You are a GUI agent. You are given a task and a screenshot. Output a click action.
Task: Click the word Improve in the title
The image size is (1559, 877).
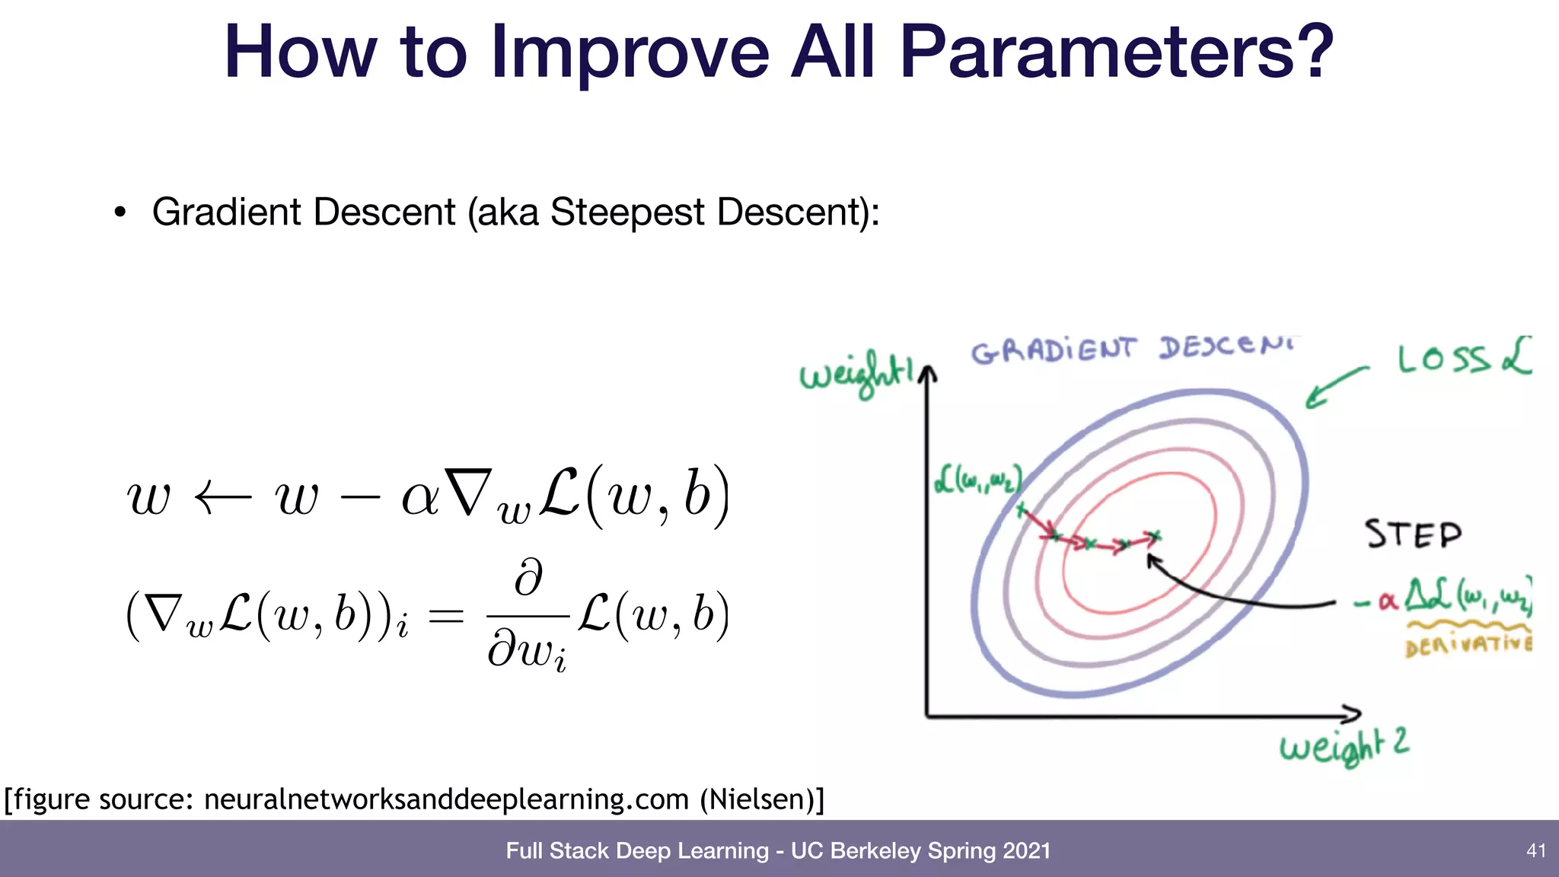(630, 53)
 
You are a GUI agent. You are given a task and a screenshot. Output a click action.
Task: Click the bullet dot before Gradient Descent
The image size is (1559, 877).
(120, 213)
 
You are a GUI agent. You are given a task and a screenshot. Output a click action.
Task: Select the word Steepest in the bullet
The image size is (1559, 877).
(626, 212)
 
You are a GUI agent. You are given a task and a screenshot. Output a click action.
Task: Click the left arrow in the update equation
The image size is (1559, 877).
(222, 499)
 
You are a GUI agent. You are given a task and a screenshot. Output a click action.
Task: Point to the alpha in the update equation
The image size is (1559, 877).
(420, 499)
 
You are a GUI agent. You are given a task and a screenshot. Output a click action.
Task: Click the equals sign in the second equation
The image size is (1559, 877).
(446, 616)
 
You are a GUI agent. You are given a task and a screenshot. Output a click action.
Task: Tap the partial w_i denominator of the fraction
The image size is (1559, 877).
(527, 652)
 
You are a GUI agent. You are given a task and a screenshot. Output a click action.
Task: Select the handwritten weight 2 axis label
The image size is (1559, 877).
(1344, 745)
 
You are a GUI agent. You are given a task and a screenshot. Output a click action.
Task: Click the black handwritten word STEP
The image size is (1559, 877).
(1413, 534)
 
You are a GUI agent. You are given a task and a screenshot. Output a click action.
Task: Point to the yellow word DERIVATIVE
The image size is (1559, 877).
(1468, 646)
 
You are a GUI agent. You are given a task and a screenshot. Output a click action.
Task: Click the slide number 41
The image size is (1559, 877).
(1536, 850)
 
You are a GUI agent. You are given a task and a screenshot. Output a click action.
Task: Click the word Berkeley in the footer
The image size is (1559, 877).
(875, 850)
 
